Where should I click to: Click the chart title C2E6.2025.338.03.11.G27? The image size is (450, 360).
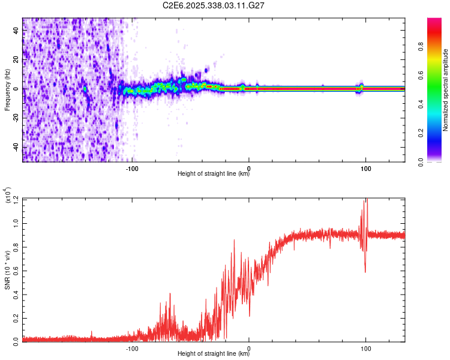pos(214,5)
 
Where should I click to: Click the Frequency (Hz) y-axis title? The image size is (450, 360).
pos(7,90)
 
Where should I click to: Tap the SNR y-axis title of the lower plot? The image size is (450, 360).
pos(7,269)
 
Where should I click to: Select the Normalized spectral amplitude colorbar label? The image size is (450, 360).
pos(446,90)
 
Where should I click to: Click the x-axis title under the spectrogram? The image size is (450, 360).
pos(214,174)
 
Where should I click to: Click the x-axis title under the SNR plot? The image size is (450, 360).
pos(214,353)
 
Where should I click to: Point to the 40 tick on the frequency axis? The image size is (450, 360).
pos(16,31)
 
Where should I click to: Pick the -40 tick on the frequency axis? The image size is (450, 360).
pos(16,147)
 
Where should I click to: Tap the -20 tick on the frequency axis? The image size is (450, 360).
pos(16,118)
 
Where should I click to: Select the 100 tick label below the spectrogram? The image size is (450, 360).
pos(365,168)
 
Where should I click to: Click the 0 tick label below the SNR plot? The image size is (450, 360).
pos(249,347)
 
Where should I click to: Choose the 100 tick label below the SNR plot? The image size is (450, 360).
pos(365,347)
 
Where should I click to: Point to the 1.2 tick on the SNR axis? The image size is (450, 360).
pos(16,200)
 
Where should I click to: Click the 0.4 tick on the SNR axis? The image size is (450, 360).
pos(16,293)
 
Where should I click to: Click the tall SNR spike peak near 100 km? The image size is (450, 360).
pos(365,200)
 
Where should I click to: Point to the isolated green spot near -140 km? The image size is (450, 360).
pos(85,89)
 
